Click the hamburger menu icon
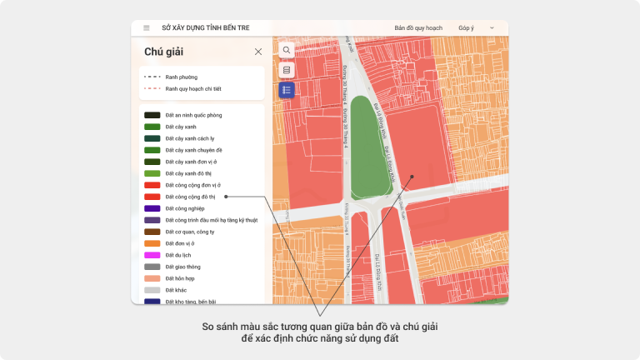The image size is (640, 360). (147, 27)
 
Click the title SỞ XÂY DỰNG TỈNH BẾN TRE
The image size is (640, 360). (205, 27)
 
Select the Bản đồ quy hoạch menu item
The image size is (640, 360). (418, 27)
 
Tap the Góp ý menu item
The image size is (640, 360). (466, 27)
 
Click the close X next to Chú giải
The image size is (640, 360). (258, 52)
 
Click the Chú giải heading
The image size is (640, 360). (163, 52)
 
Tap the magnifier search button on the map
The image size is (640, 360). (287, 50)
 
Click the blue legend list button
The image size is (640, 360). (287, 90)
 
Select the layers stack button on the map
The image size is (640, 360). (287, 70)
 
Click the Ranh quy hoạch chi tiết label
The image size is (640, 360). (193, 88)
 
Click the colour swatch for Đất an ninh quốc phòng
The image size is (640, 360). (152, 115)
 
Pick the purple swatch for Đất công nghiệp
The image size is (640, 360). (152, 208)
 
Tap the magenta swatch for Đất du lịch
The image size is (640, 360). (152, 255)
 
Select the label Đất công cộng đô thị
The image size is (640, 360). (190, 197)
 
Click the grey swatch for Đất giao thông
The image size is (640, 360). (152, 267)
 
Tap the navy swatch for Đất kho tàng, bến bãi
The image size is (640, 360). (152, 301)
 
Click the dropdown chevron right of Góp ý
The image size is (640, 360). (492, 27)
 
